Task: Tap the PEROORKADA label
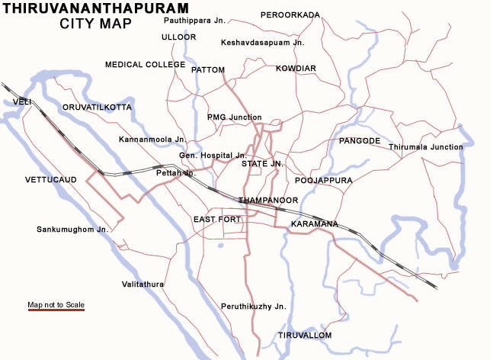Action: (290, 14)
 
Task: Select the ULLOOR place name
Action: (178, 37)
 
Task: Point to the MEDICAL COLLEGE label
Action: (145, 65)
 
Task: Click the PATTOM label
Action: (208, 69)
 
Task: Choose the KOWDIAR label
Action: (296, 69)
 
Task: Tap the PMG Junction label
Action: (234, 117)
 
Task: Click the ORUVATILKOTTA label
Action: (97, 108)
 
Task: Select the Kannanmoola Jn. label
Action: (152, 140)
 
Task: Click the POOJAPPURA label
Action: (323, 181)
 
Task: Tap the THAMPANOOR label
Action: (267, 200)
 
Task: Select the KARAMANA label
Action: (314, 224)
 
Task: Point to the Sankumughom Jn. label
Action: (72, 229)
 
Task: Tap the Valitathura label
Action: (143, 284)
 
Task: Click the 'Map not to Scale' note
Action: (56, 305)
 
